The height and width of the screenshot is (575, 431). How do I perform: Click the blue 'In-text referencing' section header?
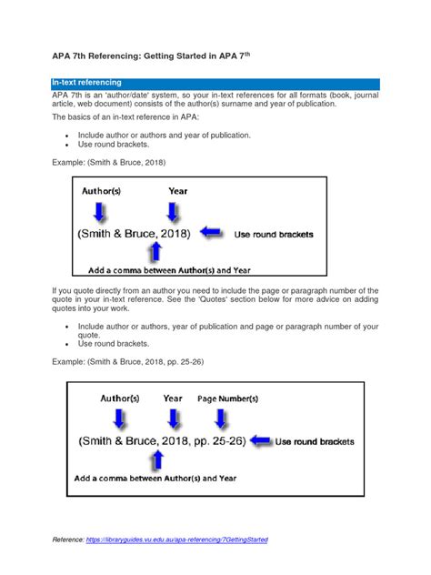tap(215, 84)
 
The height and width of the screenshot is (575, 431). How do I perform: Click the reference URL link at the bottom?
tap(177, 540)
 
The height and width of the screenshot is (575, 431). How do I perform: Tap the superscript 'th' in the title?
tap(247, 54)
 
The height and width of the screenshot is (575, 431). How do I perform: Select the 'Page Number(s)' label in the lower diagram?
tap(227, 398)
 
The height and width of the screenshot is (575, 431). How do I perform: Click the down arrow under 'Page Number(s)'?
tap(221, 419)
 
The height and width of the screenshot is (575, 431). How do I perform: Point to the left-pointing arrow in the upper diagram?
tap(211, 232)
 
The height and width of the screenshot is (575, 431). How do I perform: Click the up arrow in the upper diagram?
tap(155, 251)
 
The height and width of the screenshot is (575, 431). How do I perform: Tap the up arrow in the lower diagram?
tap(157, 459)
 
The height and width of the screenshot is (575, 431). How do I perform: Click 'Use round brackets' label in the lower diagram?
tap(315, 441)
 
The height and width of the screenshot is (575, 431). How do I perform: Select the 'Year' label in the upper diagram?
tap(177, 191)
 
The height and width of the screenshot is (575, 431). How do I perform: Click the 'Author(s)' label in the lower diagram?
tap(120, 398)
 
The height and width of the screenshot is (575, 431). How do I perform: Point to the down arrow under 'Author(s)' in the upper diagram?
tap(99, 212)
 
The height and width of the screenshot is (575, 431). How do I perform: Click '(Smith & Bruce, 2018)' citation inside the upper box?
tap(135, 234)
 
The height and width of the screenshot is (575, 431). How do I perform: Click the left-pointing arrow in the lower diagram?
tap(261, 440)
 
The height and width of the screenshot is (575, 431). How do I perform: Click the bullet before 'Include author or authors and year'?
tap(66, 136)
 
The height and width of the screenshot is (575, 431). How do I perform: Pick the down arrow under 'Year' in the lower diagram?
tap(174, 419)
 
